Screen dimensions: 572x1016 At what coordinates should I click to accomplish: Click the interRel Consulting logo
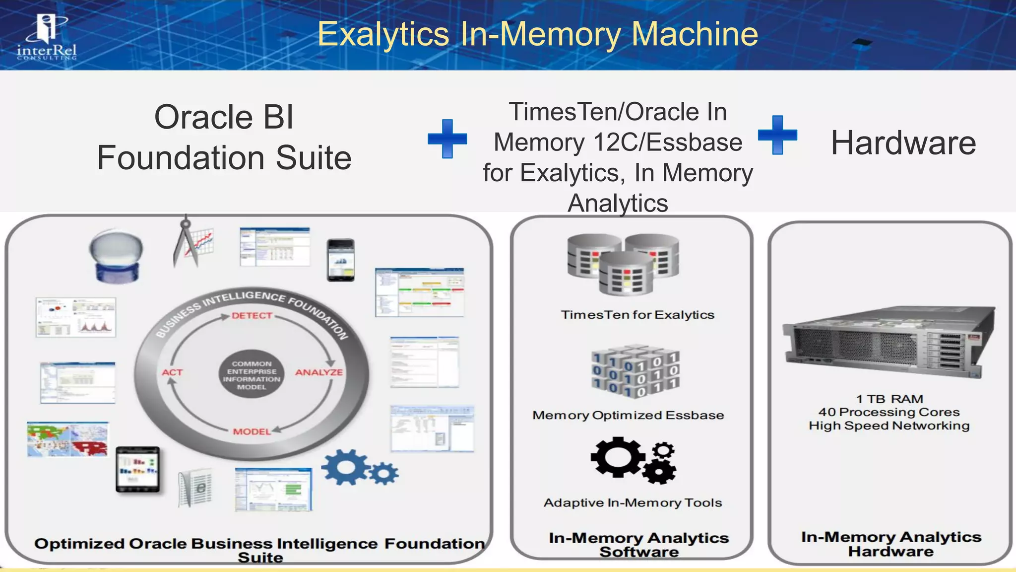point(47,37)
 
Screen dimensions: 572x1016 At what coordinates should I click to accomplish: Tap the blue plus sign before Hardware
point(777,135)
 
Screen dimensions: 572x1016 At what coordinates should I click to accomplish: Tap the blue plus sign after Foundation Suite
point(447,139)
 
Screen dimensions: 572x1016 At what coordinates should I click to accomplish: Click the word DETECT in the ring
point(252,316)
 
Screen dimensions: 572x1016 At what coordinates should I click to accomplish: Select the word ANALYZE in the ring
point(318,372)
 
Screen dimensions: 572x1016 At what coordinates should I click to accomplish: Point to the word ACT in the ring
point(172,372)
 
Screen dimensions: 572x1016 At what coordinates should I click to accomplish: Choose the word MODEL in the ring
point(252,431)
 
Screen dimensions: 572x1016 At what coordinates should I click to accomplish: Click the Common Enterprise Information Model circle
point(252,375)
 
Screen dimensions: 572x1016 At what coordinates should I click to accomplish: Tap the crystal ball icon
point(116,256)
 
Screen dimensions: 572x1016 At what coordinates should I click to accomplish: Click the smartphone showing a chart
point(341,260)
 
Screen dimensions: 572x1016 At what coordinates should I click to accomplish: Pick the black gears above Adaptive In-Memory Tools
point(633,460)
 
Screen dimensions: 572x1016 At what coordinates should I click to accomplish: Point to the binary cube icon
point(635,371)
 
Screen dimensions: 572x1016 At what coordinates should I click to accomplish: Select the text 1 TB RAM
point(889,399)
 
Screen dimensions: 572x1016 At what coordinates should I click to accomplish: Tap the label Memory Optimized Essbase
point(628,415)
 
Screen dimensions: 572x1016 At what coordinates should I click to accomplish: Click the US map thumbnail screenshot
point(67,439)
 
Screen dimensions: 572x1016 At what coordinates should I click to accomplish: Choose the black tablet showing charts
point(138,469)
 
